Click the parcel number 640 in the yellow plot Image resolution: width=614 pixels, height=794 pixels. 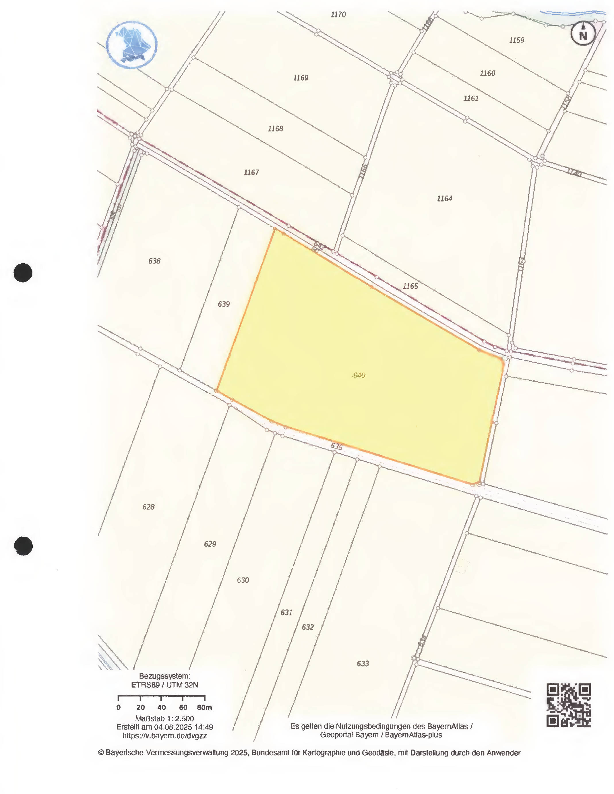[359, 375]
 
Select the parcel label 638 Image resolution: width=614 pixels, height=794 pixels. [154, 261]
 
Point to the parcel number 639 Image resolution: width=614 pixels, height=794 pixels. [224, 304]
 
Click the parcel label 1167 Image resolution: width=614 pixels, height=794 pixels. [251, 172]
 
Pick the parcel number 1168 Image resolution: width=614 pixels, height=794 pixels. [276, 129]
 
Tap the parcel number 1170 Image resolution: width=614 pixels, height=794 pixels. [338, 15]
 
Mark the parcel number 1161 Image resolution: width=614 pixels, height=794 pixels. [471, 98]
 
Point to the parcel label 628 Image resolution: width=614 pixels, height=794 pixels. [149, 507]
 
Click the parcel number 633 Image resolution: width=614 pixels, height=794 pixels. [363, 663]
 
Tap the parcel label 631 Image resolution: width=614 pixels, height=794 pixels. [286, 613]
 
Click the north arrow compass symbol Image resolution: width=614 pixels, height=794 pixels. [583, 34]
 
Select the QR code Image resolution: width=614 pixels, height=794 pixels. [569, 705]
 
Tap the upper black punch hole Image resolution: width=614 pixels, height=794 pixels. [23, 273]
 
